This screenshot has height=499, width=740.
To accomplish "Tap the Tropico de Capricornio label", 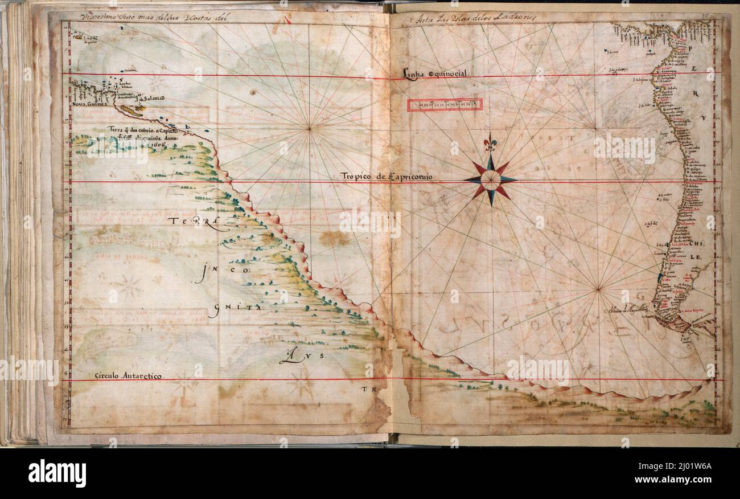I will pyautogui.click(x=387, y=177).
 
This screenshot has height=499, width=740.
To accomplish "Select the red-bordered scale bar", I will pyautogui.click(x=445, y=104).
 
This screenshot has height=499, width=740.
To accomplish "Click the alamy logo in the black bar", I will pyautogui.click(x=57, y=473).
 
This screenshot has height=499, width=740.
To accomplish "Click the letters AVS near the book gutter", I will pyautogui.click(x=302, y=357).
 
